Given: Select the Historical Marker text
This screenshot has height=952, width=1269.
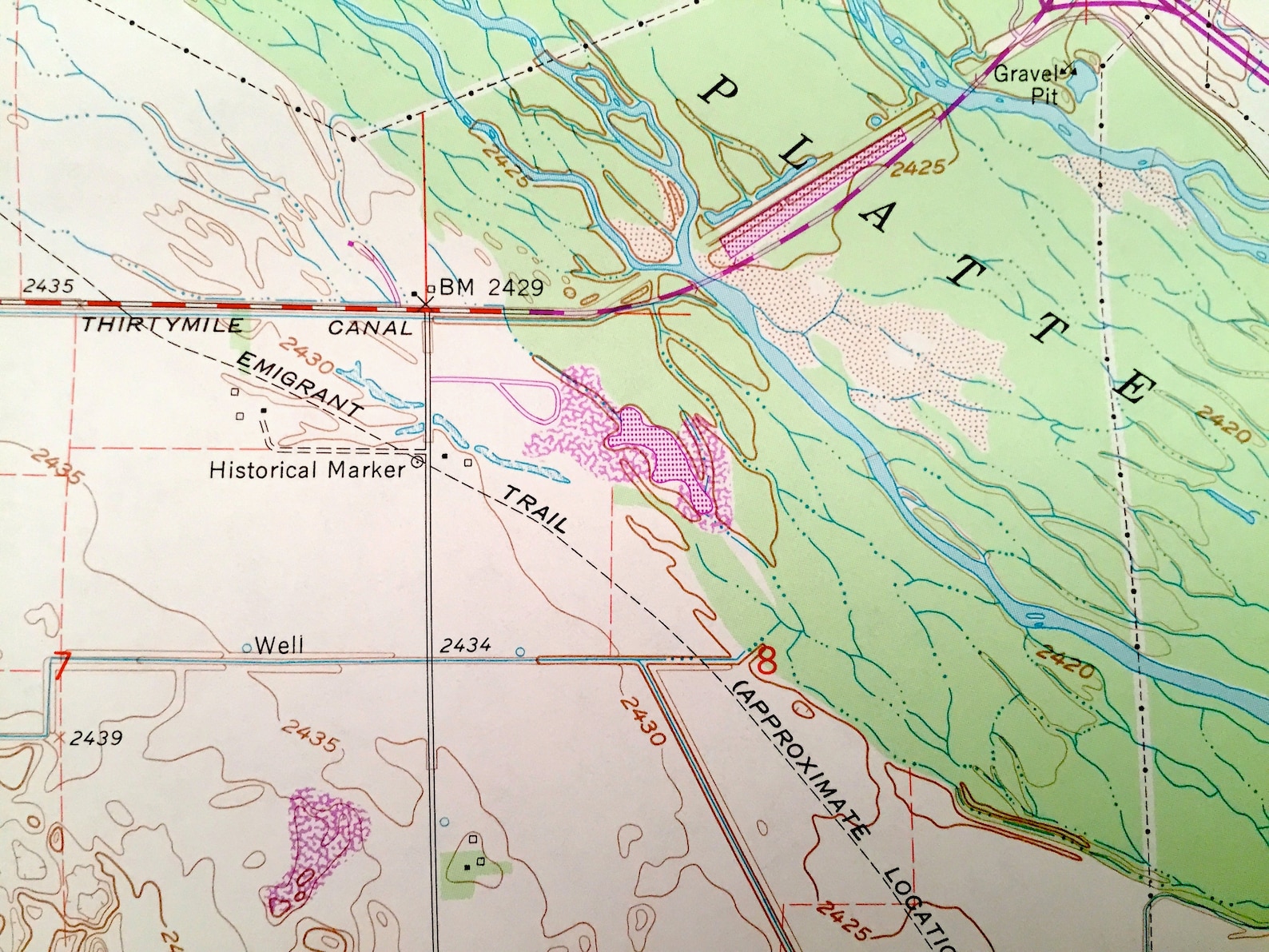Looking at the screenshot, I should click(x=307, y=470).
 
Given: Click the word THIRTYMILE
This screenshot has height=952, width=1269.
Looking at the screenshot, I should click(x=163, y=325).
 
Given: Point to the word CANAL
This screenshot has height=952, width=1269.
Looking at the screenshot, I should click(x=370, y=328).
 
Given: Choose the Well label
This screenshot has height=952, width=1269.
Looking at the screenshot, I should click(x=279, y=645).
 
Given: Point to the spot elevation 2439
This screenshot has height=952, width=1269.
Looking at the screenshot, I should click(x=95, y=738).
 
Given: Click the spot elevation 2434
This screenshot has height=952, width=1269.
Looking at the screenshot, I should click(x=465, y=645).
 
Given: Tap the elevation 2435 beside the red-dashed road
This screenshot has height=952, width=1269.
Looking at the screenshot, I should click(x=48, y=286).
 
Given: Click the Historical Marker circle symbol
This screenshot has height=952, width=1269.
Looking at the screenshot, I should click(x=416, y=461).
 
